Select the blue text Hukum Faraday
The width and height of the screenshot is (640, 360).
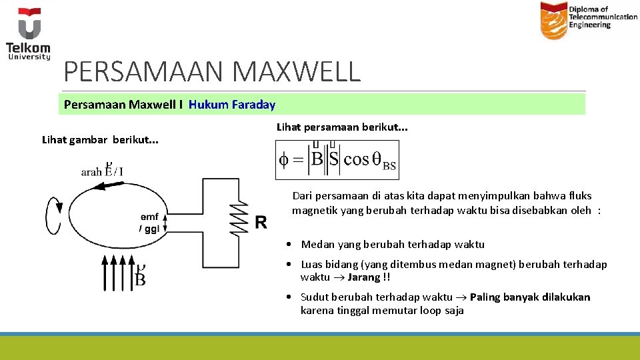pyautogui.click(x=232, y=104)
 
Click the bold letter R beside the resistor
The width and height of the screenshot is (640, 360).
pyautogui.click(x=261, y=222)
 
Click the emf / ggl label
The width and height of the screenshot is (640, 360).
pyautogui.click(x=149, y=223)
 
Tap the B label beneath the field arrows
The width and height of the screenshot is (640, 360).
pyautogui.click(x=141, y=277)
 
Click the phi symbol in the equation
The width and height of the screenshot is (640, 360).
pyautogui.click(x=284, y=159)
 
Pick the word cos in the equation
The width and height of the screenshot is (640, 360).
pyautogui.click(x=356, y=159)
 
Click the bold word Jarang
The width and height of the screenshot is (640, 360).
pyautogui.click(x=364, y=277)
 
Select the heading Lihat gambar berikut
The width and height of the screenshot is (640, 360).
pyautogui.click(x=100, y=140)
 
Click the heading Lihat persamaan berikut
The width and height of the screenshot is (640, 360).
pyautogui.click(x=342, y=127)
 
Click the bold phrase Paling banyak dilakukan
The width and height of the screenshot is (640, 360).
pyautogui.click(x=530, y=297)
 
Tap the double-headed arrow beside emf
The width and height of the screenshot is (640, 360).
pyautogui.click(x=164, y=222)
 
